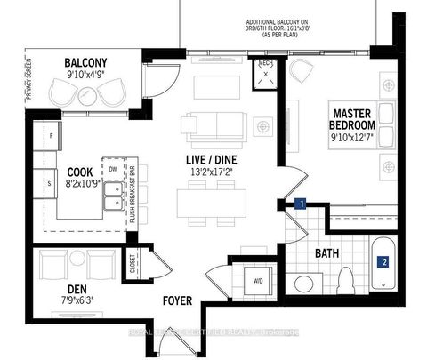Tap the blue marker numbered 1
coord(302,204)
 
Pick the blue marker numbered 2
coord(383,262)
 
